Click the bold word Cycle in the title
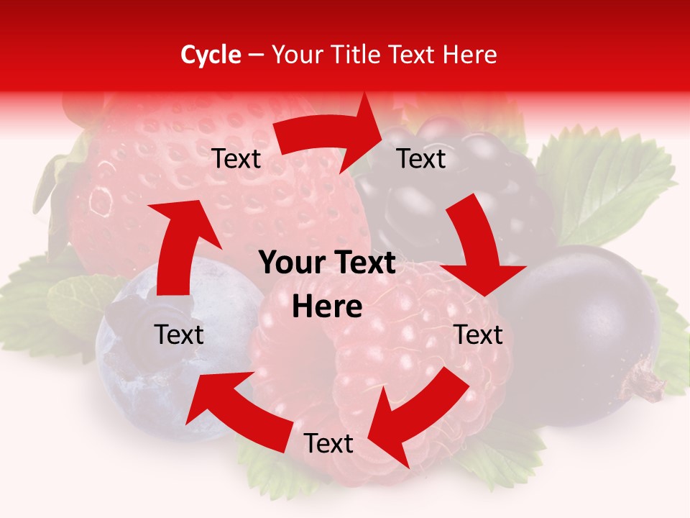pos(211,55)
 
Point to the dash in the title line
pos(256,55)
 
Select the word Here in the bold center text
pos(327,307)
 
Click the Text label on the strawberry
pos(236,159)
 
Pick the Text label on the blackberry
pos(421,159)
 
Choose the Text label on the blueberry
pos(179,335)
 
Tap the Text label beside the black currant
pos(479,335)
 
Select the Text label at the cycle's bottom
pos(328,444)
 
